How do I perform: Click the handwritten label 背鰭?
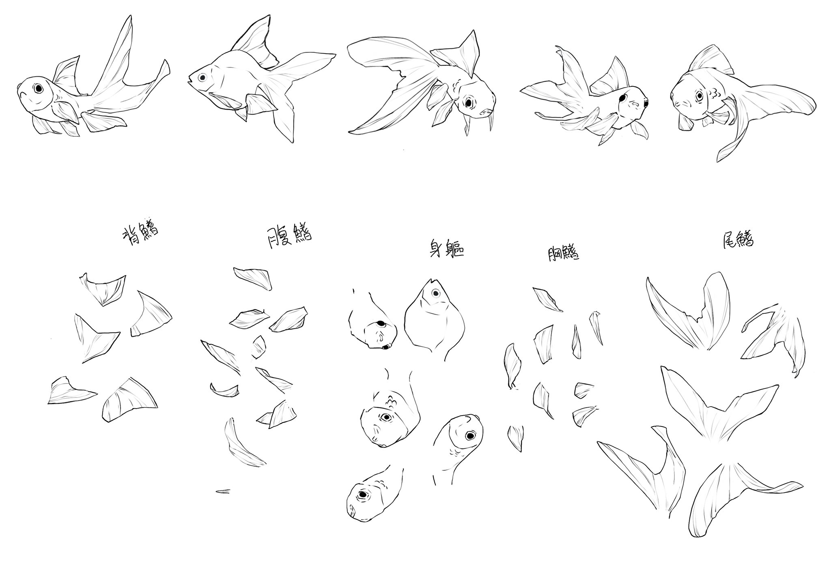click(140, 234)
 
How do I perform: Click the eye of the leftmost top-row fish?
click(39, 88)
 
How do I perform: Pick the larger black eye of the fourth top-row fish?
click(622, 98)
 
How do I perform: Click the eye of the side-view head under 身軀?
click(435, 293)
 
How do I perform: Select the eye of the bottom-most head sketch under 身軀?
click(362, 495)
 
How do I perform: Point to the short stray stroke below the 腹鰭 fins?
click(223, 491)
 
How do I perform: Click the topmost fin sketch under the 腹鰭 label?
click(252, 278)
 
